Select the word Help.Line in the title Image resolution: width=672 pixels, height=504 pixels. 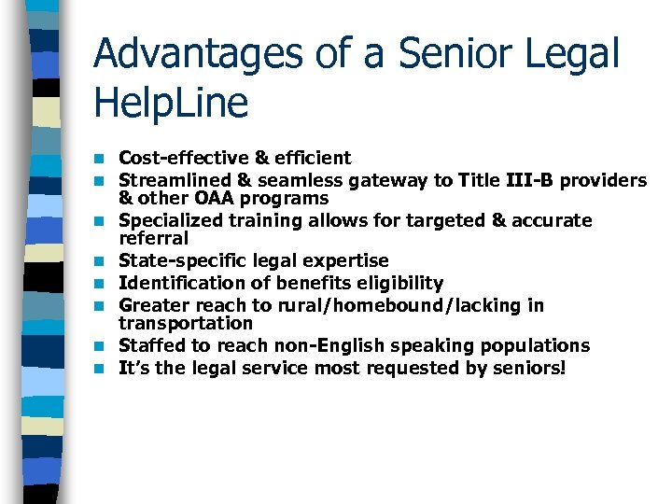[172, 103]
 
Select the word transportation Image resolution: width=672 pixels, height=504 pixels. [186, 323]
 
